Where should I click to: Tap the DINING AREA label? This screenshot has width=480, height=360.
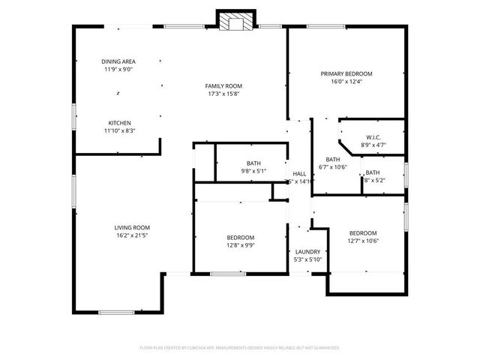[x=118, y=61]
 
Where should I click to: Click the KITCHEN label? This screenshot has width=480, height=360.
[x=119, y=123]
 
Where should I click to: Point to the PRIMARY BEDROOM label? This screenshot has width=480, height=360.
[x=346, y=73]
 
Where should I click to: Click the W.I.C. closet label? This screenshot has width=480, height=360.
[x=373, y=137]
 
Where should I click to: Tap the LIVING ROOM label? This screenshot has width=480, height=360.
[x=132, y=227]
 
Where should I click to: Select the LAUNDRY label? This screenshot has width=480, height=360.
[x=307, y=252]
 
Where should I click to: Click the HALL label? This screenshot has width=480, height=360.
[x=298, y=173]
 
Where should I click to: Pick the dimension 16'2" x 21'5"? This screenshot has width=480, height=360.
[x=132, y=235]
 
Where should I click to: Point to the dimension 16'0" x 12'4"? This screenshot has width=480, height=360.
[x=346, y=82]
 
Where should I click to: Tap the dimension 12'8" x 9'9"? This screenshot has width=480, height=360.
[x=241, y=245]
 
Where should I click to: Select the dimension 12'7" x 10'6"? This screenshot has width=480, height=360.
[x=362, y=241]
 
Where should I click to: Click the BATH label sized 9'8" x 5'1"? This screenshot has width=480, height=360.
[x=253, y=163]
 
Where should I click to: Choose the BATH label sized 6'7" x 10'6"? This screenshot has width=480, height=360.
[x=332, y=159]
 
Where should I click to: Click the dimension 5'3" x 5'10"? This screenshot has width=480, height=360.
[x=307, y=259]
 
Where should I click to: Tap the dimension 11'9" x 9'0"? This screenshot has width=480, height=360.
[x=118, y=70]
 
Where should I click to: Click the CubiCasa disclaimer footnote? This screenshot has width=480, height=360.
[x=240, y=348]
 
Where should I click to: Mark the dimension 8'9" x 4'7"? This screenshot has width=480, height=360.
[x=373, y=145]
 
